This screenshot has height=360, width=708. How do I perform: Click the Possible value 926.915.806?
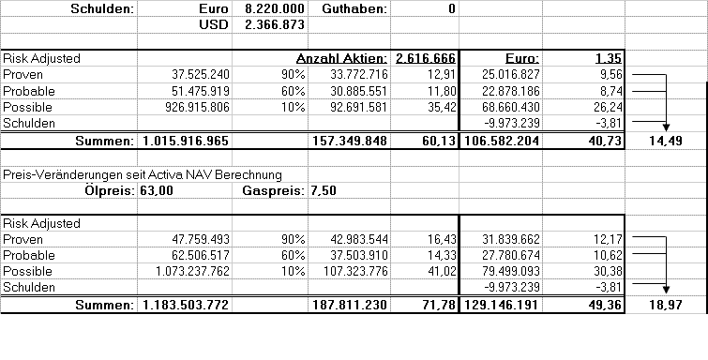coord(184,108)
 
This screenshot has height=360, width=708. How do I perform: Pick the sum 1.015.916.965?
coord(187,141)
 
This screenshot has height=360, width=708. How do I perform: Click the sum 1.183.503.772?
coord(187,306)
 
